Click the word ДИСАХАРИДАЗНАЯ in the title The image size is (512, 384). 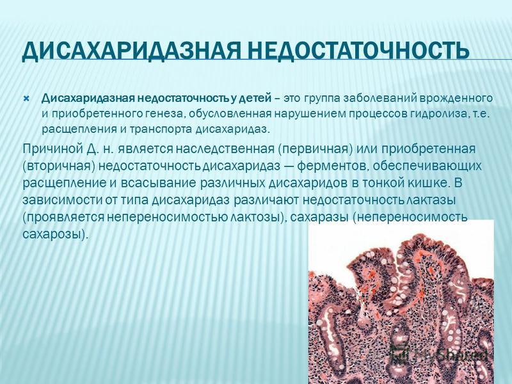(132, 51)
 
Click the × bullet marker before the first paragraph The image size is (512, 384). (27, 99)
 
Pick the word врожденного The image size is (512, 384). (456, 99)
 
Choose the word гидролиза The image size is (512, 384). (440, 114)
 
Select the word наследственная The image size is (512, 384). (225, 149)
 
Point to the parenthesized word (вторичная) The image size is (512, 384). (59, 166)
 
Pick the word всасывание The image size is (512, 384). (158, 183)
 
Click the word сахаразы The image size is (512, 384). (319, 217)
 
